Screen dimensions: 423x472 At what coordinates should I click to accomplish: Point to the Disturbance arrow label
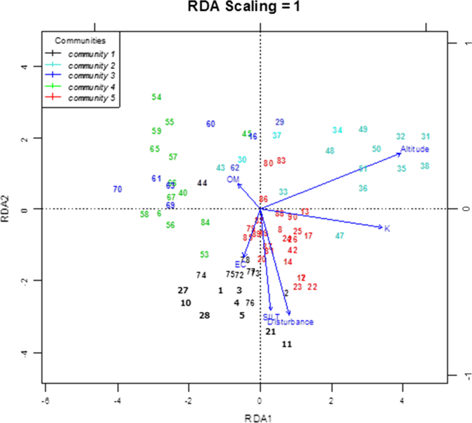click(291, 322)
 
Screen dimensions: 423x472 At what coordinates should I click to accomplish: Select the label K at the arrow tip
click(387, 228)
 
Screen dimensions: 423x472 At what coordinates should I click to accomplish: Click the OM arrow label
click(233, 179)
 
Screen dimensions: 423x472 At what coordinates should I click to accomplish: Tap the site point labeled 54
click(156, 97)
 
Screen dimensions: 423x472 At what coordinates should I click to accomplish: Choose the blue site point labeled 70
click(117, 189)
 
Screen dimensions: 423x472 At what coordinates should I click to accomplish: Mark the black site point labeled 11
click(287, 344)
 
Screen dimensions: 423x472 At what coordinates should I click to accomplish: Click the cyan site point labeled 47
click(340, 236)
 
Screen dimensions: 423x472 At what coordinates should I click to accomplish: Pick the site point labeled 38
click(424, 166)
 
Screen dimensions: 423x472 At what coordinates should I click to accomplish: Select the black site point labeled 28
click(204, 316)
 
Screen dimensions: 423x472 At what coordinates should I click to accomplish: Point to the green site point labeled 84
click(205, 222)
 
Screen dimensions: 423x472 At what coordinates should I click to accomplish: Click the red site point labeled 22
click(312, 287)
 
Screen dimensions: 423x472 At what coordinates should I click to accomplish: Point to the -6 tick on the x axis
click(45, 398)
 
